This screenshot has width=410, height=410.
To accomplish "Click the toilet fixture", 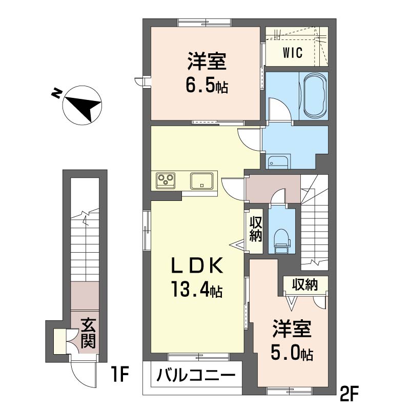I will pos(281,239).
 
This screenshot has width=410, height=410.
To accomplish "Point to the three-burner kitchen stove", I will pos(166,179).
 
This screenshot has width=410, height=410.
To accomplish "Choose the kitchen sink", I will pos(202,180).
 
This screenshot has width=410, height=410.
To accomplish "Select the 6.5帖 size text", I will pos(207,87).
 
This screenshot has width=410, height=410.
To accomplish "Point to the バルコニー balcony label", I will pos(195,376).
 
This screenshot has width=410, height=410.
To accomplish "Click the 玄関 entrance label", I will pos(88,333).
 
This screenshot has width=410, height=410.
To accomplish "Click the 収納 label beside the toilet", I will pos(256,229).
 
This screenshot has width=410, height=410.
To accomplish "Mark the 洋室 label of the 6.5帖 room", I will pos(207,64).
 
